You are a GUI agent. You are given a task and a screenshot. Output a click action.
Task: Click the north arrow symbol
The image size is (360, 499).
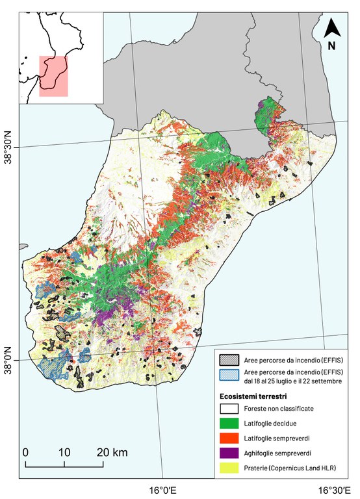click(x=332, y=28)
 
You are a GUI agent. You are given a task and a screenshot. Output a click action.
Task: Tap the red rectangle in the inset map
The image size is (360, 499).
click(x=53, y=76)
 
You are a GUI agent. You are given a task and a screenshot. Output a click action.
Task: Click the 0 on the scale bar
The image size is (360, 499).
click(x=25, y=452)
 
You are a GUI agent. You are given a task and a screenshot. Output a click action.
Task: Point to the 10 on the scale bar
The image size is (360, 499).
click(x=64, y=452)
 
